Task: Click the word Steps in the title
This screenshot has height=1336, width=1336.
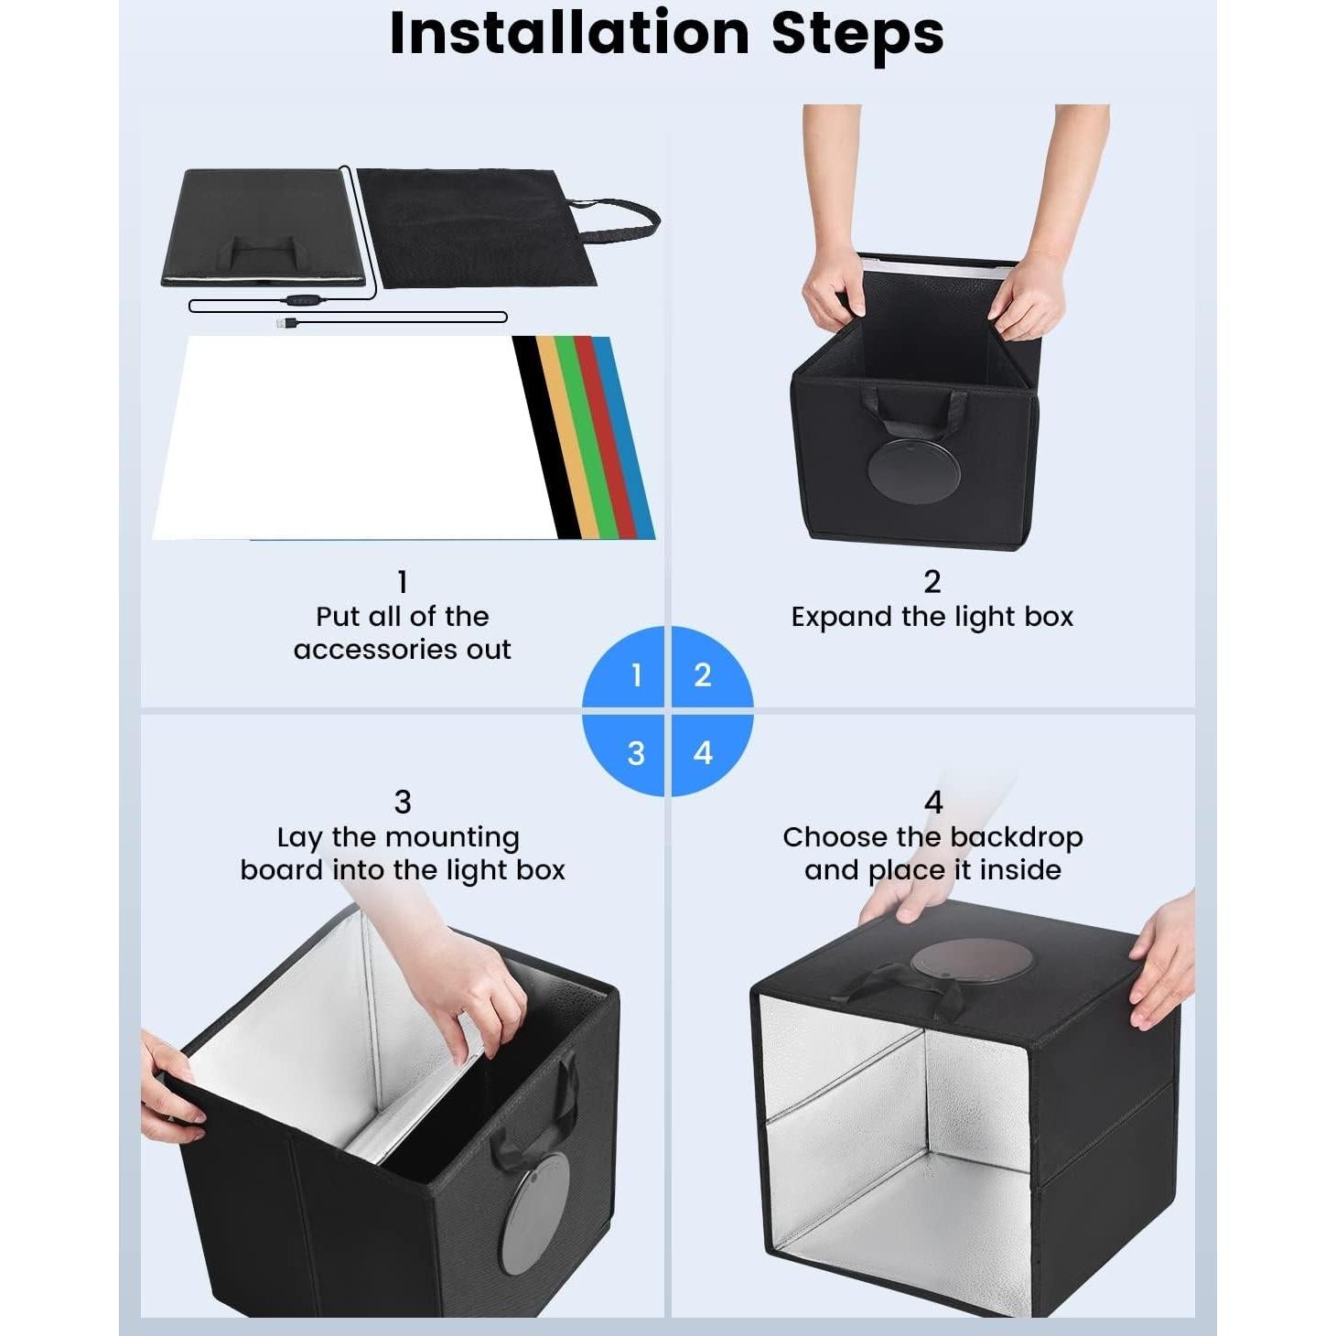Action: [857, 34]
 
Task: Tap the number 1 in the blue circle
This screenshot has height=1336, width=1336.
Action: [636, 675]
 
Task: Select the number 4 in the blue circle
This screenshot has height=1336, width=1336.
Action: [703, 752]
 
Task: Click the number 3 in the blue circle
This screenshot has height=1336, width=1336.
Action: [636, 753]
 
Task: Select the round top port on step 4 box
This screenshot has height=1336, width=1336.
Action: [972, 961]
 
